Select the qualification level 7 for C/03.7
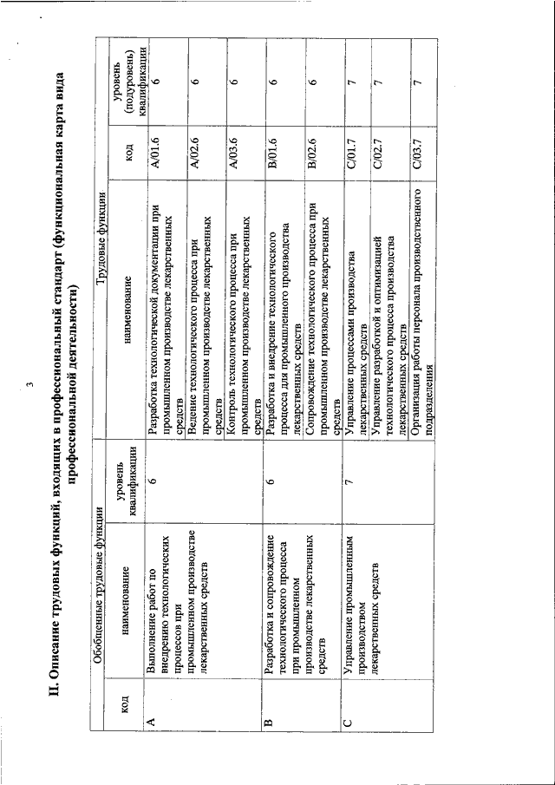417,80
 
